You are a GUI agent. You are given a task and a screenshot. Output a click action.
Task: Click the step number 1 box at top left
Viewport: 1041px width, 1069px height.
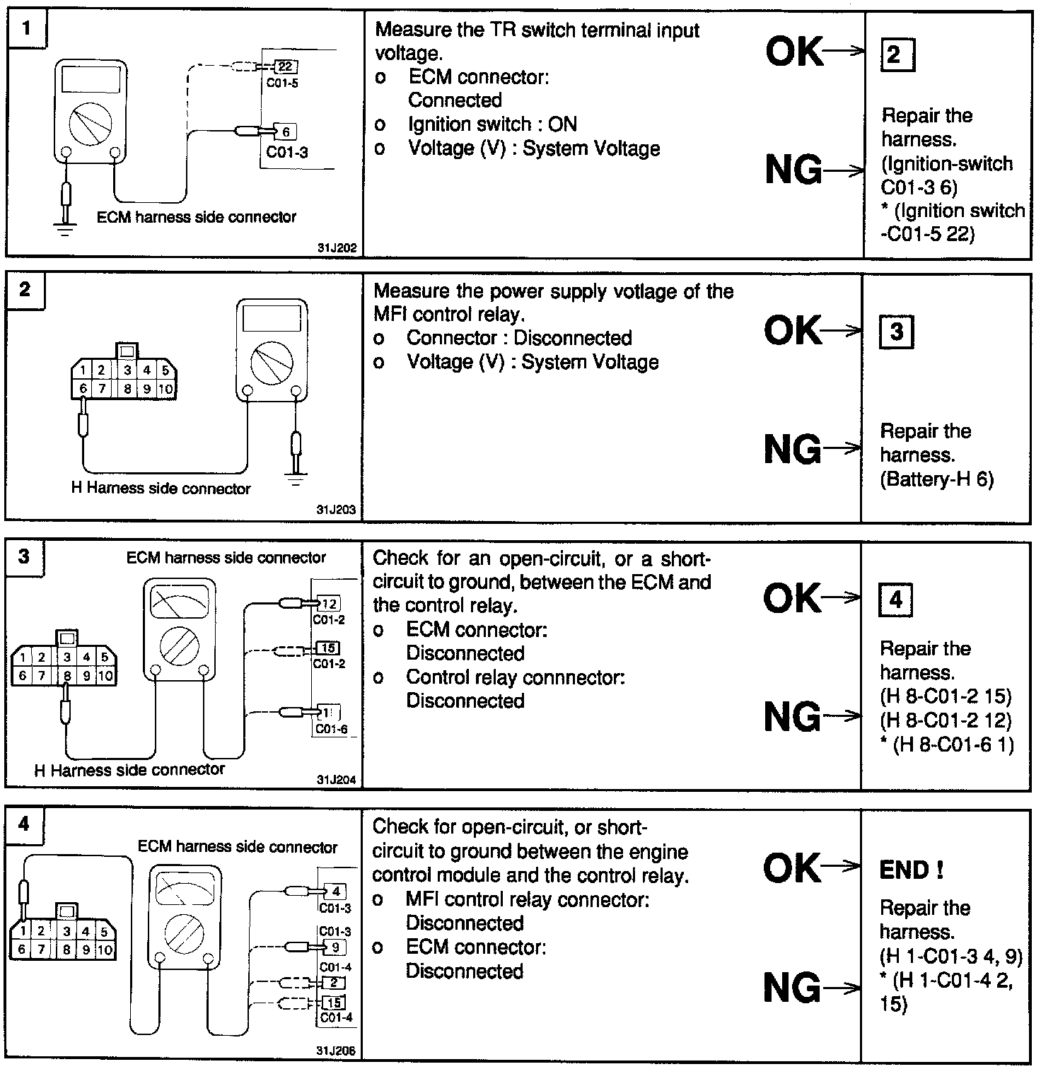[x=26, y=29]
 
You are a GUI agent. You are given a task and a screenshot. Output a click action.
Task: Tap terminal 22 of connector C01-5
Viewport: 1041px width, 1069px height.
[x=285, y=66]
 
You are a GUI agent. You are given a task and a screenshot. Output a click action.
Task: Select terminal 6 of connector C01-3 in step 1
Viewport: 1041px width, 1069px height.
[x=285, y=132]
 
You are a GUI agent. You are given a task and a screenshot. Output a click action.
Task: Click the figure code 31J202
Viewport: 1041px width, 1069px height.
[x=337, y=248]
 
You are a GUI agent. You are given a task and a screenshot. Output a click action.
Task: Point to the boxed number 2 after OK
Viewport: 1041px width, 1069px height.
[x=895, y=54]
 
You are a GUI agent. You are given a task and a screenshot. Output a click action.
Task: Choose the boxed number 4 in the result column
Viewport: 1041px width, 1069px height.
[x=895, y=600]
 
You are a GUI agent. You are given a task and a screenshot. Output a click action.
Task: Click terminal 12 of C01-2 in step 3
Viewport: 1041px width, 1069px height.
[x=329, y=604]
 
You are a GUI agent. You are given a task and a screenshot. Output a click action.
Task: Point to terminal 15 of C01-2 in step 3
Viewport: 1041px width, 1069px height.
[x=329, y=648]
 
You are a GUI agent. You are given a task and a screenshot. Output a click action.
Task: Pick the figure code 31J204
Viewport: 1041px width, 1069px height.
[x=337, y=781]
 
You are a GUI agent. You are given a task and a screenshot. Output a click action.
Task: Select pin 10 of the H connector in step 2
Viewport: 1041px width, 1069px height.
[x=165, y=388]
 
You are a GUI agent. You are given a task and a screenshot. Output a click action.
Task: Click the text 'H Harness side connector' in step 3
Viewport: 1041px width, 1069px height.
[x=129, y=769]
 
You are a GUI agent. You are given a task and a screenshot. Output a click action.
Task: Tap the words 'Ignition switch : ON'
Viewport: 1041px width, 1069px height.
[x=492, y=124]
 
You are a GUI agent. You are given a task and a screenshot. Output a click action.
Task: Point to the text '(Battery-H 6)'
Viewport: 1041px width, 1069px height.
[x=936, y=479]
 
